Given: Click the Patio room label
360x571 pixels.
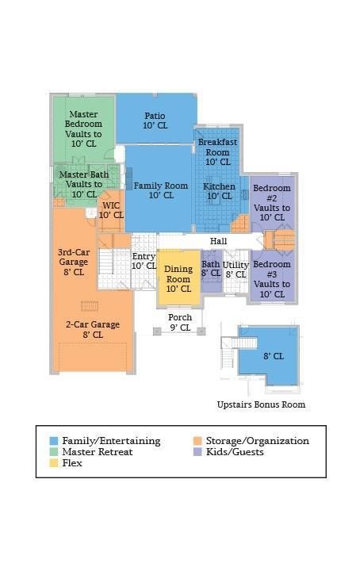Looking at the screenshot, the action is [155, 121].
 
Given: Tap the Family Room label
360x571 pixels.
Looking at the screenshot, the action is [161, 190].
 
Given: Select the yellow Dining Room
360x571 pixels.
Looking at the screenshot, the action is [178, 278].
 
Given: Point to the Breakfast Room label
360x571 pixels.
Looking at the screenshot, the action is [218, 151].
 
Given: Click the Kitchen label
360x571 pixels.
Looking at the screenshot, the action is [219, 191].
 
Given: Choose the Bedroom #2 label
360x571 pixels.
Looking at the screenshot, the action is [272, 202].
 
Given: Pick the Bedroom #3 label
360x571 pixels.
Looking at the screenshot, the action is [272, 279].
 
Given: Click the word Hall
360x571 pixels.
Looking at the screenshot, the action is [218, 241].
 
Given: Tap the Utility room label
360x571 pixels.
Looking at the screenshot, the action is [236, 270].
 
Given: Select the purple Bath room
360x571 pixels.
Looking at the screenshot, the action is [212, 271].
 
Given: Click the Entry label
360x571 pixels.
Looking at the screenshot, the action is [144, 261].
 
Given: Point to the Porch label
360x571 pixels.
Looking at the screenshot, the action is [180, 322].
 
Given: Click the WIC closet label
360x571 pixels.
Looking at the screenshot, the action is [111, 210].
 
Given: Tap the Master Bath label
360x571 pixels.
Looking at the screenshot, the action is [84, 184].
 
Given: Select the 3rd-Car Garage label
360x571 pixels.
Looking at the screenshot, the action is [74, 262].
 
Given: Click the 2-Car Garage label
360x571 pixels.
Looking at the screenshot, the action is [93, 329].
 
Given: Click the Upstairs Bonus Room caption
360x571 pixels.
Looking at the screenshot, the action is [261, 404].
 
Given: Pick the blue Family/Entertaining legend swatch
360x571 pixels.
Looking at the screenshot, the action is [54, 441].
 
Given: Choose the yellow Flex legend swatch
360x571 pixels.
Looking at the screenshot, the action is [54, 463].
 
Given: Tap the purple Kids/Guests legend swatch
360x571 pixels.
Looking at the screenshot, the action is [197, 452].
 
